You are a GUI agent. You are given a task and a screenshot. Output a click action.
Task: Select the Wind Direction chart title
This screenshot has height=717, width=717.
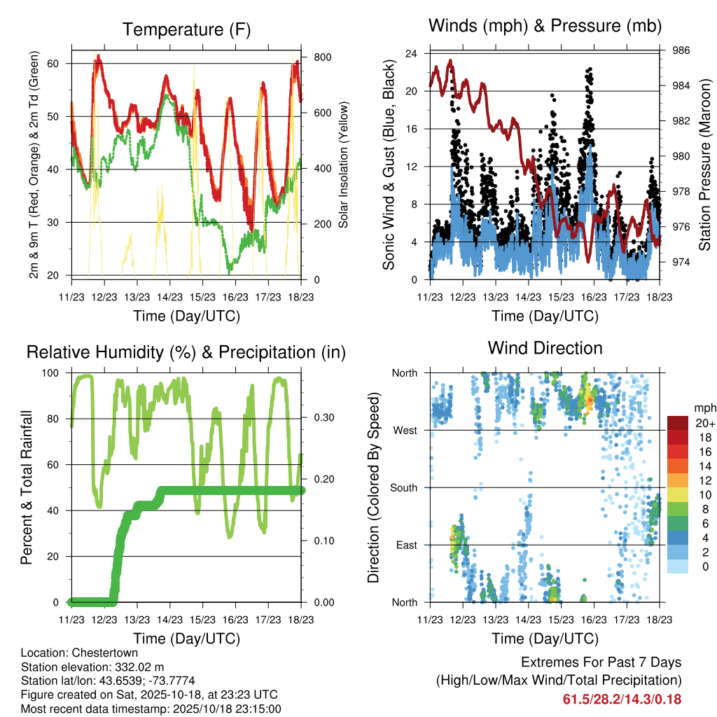pos(545,347)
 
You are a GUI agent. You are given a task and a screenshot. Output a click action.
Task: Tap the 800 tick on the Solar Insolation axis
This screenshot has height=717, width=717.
pos(314,57)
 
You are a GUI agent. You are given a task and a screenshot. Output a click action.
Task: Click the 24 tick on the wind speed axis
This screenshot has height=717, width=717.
pos(412,53)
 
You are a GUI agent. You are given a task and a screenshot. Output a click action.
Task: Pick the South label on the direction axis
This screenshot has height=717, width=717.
pos(404,487)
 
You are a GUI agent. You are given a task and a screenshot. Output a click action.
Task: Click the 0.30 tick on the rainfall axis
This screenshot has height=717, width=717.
pos(319,418)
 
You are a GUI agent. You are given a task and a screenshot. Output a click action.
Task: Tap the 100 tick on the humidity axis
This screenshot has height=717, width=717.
pos(52,373)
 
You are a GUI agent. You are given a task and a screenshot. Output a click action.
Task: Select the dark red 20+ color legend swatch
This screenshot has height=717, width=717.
pos(677,423)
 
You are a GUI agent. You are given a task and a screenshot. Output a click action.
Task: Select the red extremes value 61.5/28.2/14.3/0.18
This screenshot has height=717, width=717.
pos(622,699)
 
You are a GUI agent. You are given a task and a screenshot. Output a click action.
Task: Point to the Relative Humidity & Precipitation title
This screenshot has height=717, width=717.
pos(186,352)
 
